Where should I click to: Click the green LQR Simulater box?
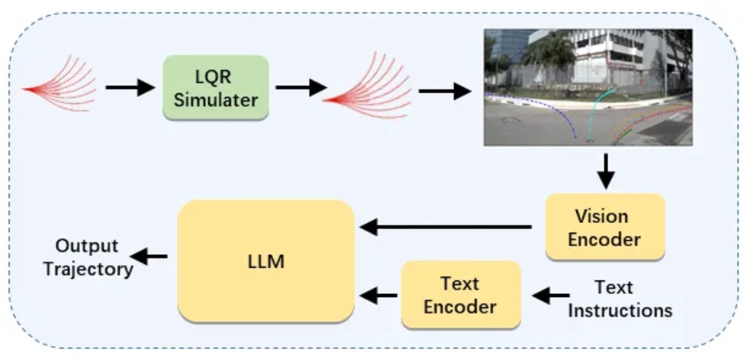click(x=215, y=89)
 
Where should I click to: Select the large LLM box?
click(x=266, y=261)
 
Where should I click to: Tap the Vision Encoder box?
click(x=604, y=227)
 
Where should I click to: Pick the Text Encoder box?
click(x=460, y=295)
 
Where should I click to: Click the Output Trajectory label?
click(x=88, y=257)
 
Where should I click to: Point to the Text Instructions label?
click(x=619, y=298)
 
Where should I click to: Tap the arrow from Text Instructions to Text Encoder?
click(x=551, y=296)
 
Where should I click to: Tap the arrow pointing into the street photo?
click(x=445, y=91)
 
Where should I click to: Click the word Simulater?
click(x=215, y=99)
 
